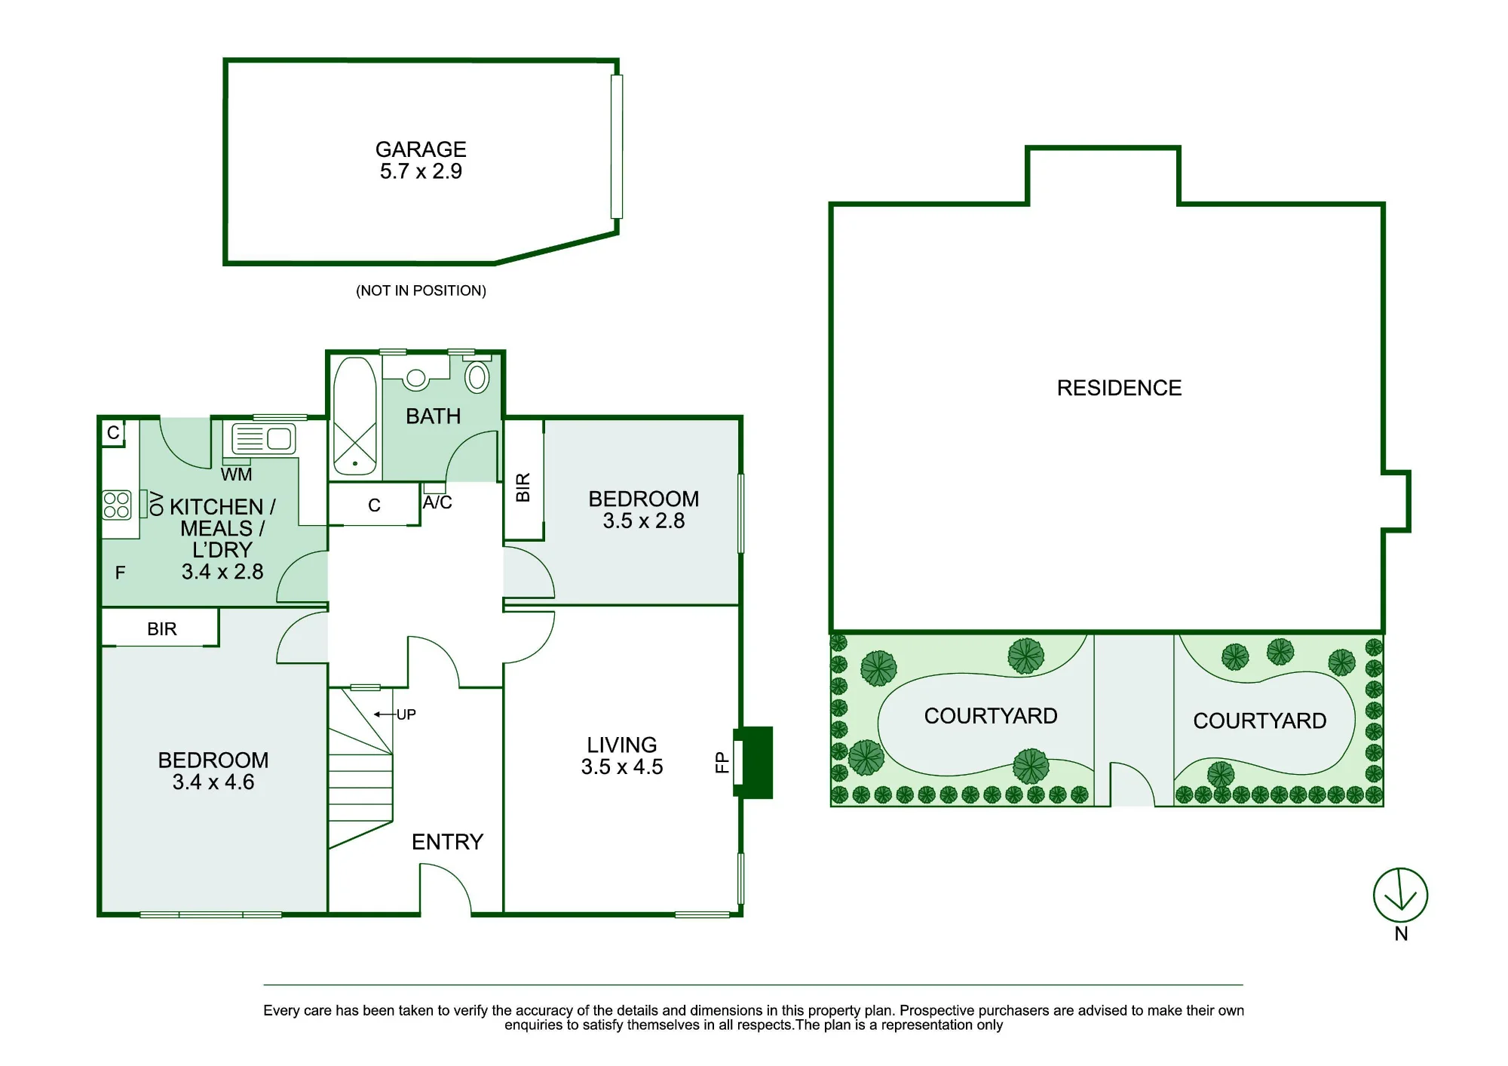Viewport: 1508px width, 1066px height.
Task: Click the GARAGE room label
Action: (421, 149)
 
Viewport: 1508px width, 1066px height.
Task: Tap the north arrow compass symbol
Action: (1400, 895)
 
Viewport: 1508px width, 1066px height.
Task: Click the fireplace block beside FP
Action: (754, 762)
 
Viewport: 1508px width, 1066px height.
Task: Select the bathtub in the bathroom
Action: (355, 416)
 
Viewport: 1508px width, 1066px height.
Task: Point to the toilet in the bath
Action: (477, 375)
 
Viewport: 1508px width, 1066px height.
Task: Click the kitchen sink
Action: (263, 438)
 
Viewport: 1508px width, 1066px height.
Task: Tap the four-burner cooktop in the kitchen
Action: (117, 505)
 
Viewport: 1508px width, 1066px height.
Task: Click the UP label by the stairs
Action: (406, 714)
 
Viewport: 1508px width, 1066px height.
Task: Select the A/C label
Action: (437, 502)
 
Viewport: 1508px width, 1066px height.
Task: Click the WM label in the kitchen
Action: (236, 475)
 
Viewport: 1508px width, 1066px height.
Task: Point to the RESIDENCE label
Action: (1119, 388)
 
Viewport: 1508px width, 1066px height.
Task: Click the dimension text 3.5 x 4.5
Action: (622, 767)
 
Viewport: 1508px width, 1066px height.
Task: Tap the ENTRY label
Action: (447, 842)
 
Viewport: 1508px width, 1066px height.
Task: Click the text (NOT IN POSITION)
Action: (421, 290)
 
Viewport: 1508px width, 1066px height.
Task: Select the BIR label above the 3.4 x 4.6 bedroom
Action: (162, 629)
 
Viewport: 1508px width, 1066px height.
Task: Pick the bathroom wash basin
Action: (415, 377)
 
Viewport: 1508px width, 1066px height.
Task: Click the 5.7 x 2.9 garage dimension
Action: (421, 171)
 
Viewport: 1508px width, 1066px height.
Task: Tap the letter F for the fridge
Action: (120, 573)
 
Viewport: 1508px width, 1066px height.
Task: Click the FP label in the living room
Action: (722, 762)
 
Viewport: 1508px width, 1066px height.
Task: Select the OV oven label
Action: (157, 503)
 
